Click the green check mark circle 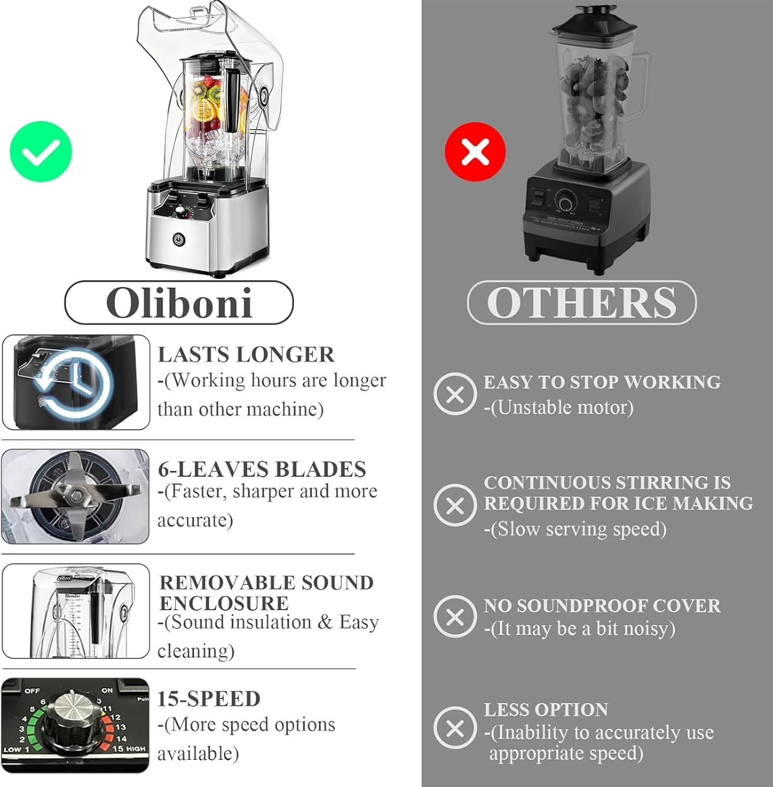coord(41,152)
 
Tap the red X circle coord(475,152)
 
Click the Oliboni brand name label coord(179,303)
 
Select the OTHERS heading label coord(581,303)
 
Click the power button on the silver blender coord(179,239)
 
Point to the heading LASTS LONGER coord(246,354)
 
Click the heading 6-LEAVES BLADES coord(262,469)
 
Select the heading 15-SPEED coord(209,698)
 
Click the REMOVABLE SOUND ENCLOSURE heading coord(266,592)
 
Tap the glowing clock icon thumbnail coord(76,382)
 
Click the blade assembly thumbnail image coord(76,496)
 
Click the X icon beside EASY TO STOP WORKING coord(455,393)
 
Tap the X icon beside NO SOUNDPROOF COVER coord(455,616)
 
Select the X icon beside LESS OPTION coord(455,728)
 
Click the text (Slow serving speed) coord(575,529)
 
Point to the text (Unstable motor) coord(559,407)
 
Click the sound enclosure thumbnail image coord(76,611)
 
